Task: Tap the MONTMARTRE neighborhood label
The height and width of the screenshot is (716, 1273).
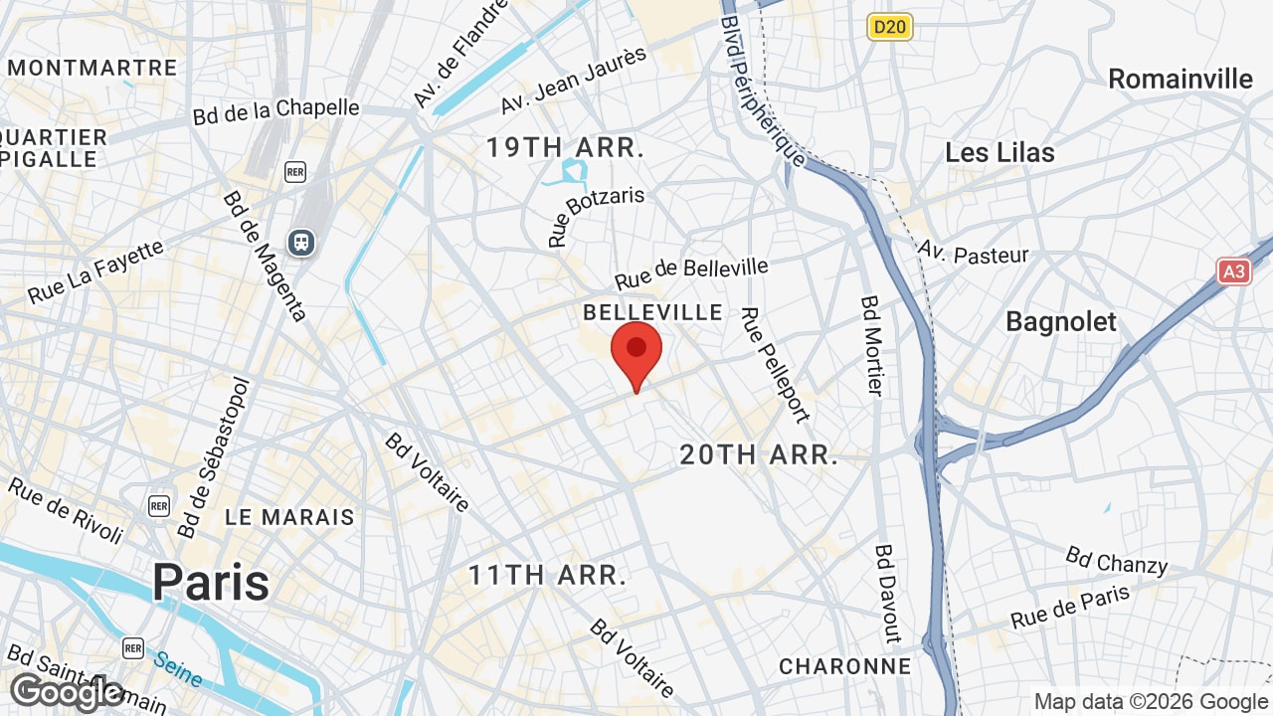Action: pyautogui.click(x=92, y=68)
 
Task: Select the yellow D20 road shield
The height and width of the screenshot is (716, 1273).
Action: pyautogui.click(x=889, y=27)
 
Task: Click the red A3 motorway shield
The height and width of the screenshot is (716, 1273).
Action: pyautogui.click(x=1233, y=271)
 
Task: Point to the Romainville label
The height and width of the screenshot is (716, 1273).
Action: pyautogui.click(x=1181, y=80)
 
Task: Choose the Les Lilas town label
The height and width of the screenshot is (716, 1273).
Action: pyautogui.click(x=1000, y=153)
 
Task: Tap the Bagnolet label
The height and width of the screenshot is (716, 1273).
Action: pyautogui.click(x=1061, y=322)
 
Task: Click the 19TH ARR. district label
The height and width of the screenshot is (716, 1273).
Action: pyautogui.click(x=565, y=148)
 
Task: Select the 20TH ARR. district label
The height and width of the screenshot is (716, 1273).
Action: pyautogui.click(x=759, y=455)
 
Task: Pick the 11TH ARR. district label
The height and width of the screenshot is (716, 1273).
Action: pyautogui.click(x=548, y=575)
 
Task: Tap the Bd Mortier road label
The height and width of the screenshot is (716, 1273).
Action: pyautogui.click(x=872, y=345)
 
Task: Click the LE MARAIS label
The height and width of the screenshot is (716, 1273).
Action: pyautogui.click(x=289, y=517)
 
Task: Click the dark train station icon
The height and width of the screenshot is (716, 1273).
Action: pyautogui.click(x=300, y=242)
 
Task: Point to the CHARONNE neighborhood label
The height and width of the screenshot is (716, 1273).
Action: pyautogui.click(x=845, y=666)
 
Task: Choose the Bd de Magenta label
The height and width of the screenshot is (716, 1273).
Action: pyautogui.click(x=265, y=256)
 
